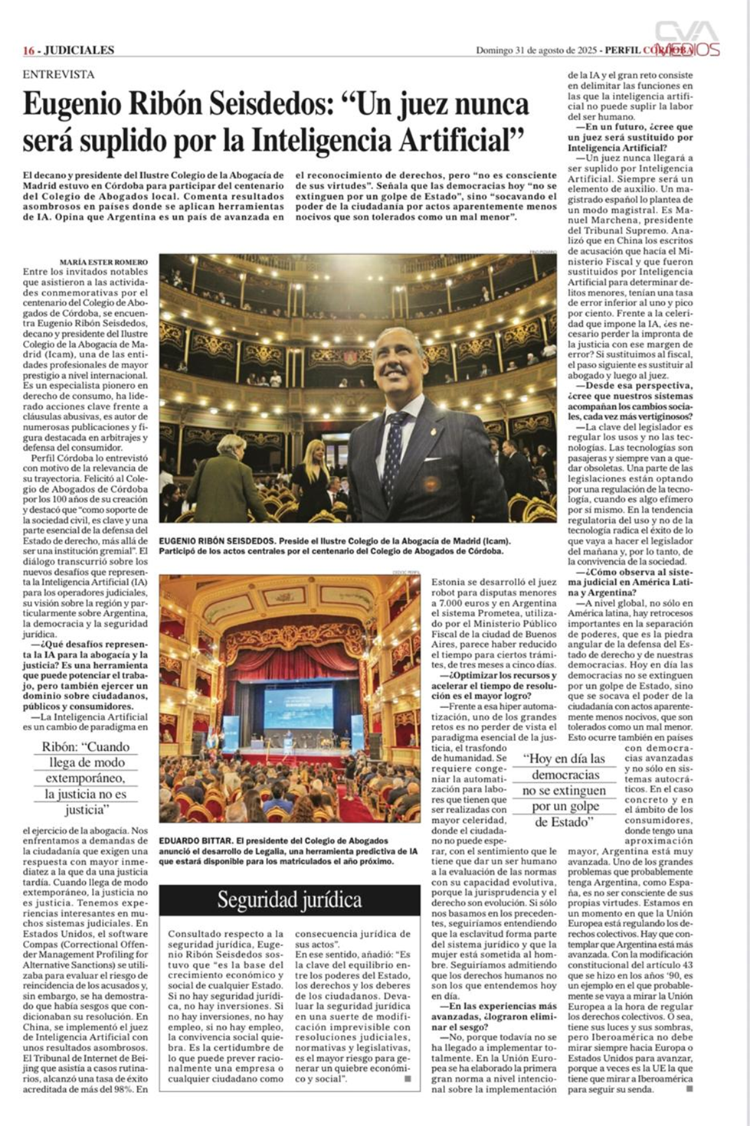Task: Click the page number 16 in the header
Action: coord(28,51)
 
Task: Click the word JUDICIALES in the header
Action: coord(79,51)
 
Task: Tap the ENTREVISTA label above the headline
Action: coord(58,74)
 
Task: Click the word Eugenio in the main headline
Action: coord(73,105)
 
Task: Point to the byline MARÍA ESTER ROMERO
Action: coord(103,262)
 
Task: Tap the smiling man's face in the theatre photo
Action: coord(399,367)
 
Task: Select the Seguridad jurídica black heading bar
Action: coord(290,899)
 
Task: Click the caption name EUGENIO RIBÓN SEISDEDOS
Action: coord(217,541)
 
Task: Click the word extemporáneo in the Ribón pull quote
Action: coord(85,778)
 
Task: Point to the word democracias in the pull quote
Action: coord(565,775)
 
